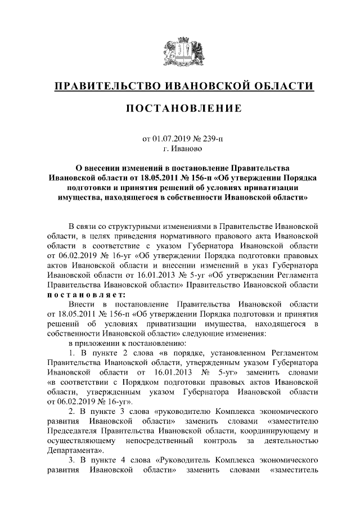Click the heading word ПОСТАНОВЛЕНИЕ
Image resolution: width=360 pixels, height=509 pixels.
pyautogui.click(x=179, y=107)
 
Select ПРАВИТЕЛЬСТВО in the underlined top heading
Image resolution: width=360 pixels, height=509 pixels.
pyautogui.click(x=105, y=85)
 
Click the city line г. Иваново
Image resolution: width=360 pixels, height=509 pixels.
pyautogui.click(x=179, y=148)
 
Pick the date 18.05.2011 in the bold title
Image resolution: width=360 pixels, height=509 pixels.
pyautogui.click(x=151, y=178)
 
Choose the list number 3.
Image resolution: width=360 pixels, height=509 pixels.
pyautogui.click(x=71, y=461)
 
